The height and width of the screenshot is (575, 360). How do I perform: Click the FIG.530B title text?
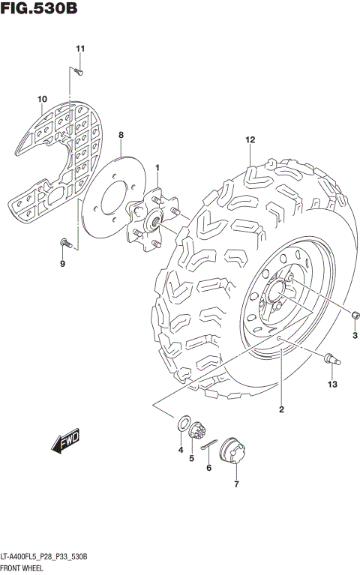tap(40, 10)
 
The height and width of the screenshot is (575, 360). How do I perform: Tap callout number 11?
tap(80, 49)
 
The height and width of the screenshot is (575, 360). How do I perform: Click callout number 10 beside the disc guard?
tap(42, 99)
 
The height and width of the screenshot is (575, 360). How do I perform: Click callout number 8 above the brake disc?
tap(120, 135)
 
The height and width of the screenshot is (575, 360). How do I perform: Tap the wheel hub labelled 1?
tap(152, 217)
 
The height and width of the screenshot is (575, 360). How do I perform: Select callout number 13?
tap(333, 385)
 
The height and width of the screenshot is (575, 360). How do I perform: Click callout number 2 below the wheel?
tap(281, 409)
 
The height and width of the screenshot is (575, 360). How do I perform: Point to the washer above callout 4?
tap(182, 424)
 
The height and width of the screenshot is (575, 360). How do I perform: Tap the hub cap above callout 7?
tap(234, 452)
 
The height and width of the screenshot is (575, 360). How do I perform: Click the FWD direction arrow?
tap(66, 442)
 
